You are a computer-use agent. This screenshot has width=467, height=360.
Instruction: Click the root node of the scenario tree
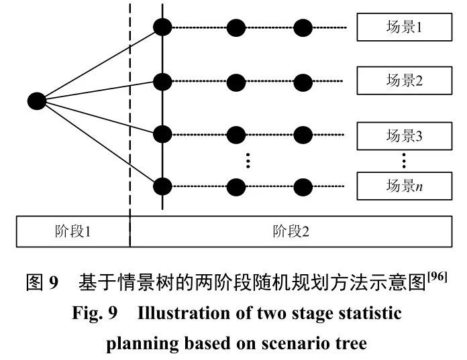tap(36, 101)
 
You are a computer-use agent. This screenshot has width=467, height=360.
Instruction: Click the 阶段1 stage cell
tap(72, 232)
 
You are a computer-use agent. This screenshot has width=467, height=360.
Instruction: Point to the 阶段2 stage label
tap(291, 232)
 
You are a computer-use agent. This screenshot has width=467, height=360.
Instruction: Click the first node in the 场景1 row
tap(162, 27)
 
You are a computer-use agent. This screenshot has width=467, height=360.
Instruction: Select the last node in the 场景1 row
tap(304, 27)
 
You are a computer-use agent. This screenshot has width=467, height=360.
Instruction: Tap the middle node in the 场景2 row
tap(236, 82)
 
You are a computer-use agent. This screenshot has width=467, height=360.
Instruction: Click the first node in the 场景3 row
tap(162, 134)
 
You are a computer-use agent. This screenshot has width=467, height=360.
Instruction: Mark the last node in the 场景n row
tap(304, 186)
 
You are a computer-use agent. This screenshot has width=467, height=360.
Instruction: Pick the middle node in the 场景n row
tap(236, 186)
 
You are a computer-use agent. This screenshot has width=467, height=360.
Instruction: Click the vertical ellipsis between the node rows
tap(248, 161)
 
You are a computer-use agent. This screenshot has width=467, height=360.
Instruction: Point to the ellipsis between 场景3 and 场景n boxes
tap(404, 161)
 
